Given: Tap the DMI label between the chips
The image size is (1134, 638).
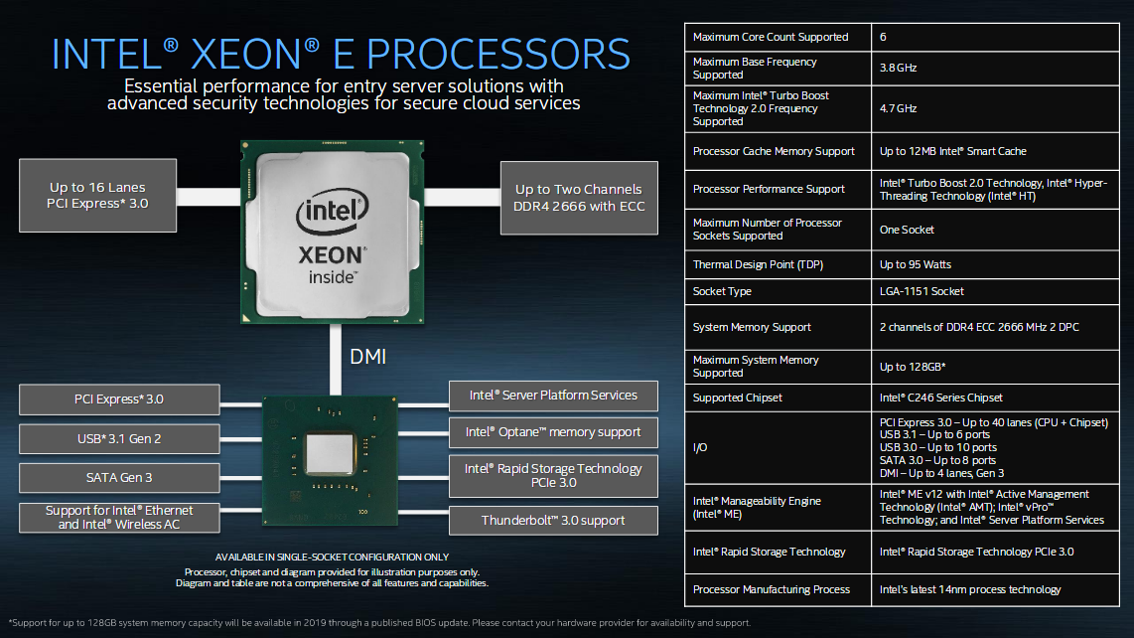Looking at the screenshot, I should pyautogui.click(x=367, y=356).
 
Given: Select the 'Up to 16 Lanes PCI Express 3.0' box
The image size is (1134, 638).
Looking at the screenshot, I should pyautogui.click(x=97, y=196).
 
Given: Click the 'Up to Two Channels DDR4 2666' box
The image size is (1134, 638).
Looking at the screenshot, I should pyautogui.click(x=578, y=198).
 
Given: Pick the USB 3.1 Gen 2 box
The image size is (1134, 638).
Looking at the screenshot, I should pyautogui.click(x=118, y=438).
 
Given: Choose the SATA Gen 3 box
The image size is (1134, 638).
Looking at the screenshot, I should pyautogui.click(x=118, y=477).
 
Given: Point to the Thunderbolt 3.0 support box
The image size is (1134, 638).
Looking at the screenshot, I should pyautogui.click(x=553, y=520).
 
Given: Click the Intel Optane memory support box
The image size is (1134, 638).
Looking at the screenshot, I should pyautogui.click(x=553, y=432).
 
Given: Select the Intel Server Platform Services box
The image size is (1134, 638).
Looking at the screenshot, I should pyautogui.click(x=553, y=396).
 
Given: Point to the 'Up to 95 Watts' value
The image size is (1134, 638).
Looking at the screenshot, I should pyautogui.click(x=916, y=264).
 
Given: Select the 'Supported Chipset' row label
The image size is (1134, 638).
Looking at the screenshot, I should pyautogui.click(x=737, y=398).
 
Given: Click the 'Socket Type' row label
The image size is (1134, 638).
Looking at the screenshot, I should pyautogui.click(x=722, y=291).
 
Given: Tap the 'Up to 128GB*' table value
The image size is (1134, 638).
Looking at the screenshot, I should pyautogui.click(x=913, y=367).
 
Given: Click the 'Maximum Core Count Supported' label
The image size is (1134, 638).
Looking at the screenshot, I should pyautogui.click(x=771, y=37).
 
